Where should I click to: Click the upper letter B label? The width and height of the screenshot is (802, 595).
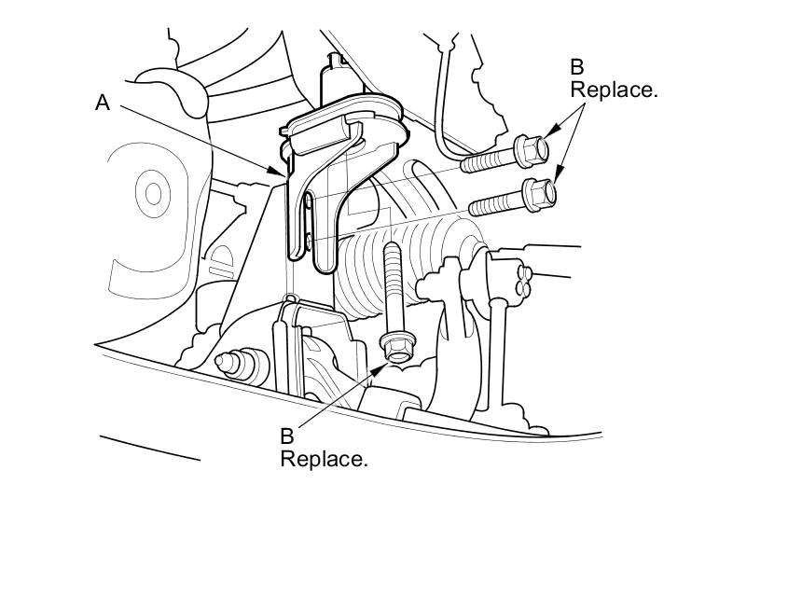(x=577, y=67)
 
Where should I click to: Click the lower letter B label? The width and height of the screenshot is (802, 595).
(x=288, y=436)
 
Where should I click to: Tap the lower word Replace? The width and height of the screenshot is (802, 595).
(x=324, y=459)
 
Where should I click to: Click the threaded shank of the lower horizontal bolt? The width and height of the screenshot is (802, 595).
(x=494, y=202)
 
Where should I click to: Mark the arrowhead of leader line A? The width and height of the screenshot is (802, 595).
(x=283, y=173)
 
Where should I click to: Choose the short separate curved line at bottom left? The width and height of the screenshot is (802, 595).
(x=149, y=447)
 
